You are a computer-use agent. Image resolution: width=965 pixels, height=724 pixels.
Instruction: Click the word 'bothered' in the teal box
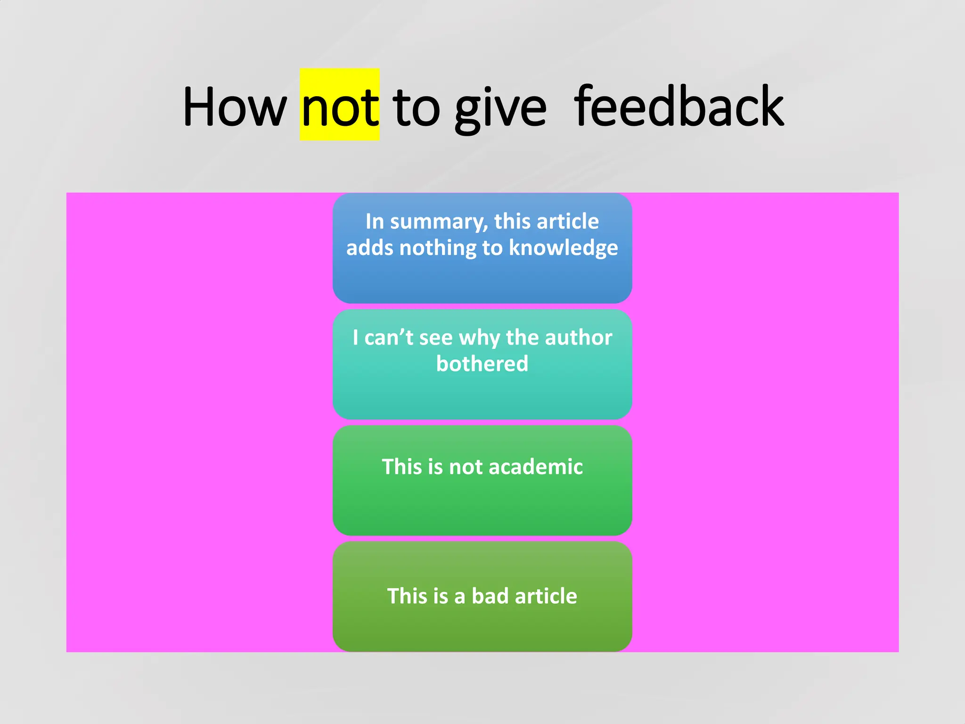482,364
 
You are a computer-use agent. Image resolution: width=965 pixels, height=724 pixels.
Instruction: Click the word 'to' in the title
416,107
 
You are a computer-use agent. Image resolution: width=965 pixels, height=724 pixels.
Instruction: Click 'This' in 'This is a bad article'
402,596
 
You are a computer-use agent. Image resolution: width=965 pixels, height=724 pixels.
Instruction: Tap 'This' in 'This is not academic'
397,467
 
